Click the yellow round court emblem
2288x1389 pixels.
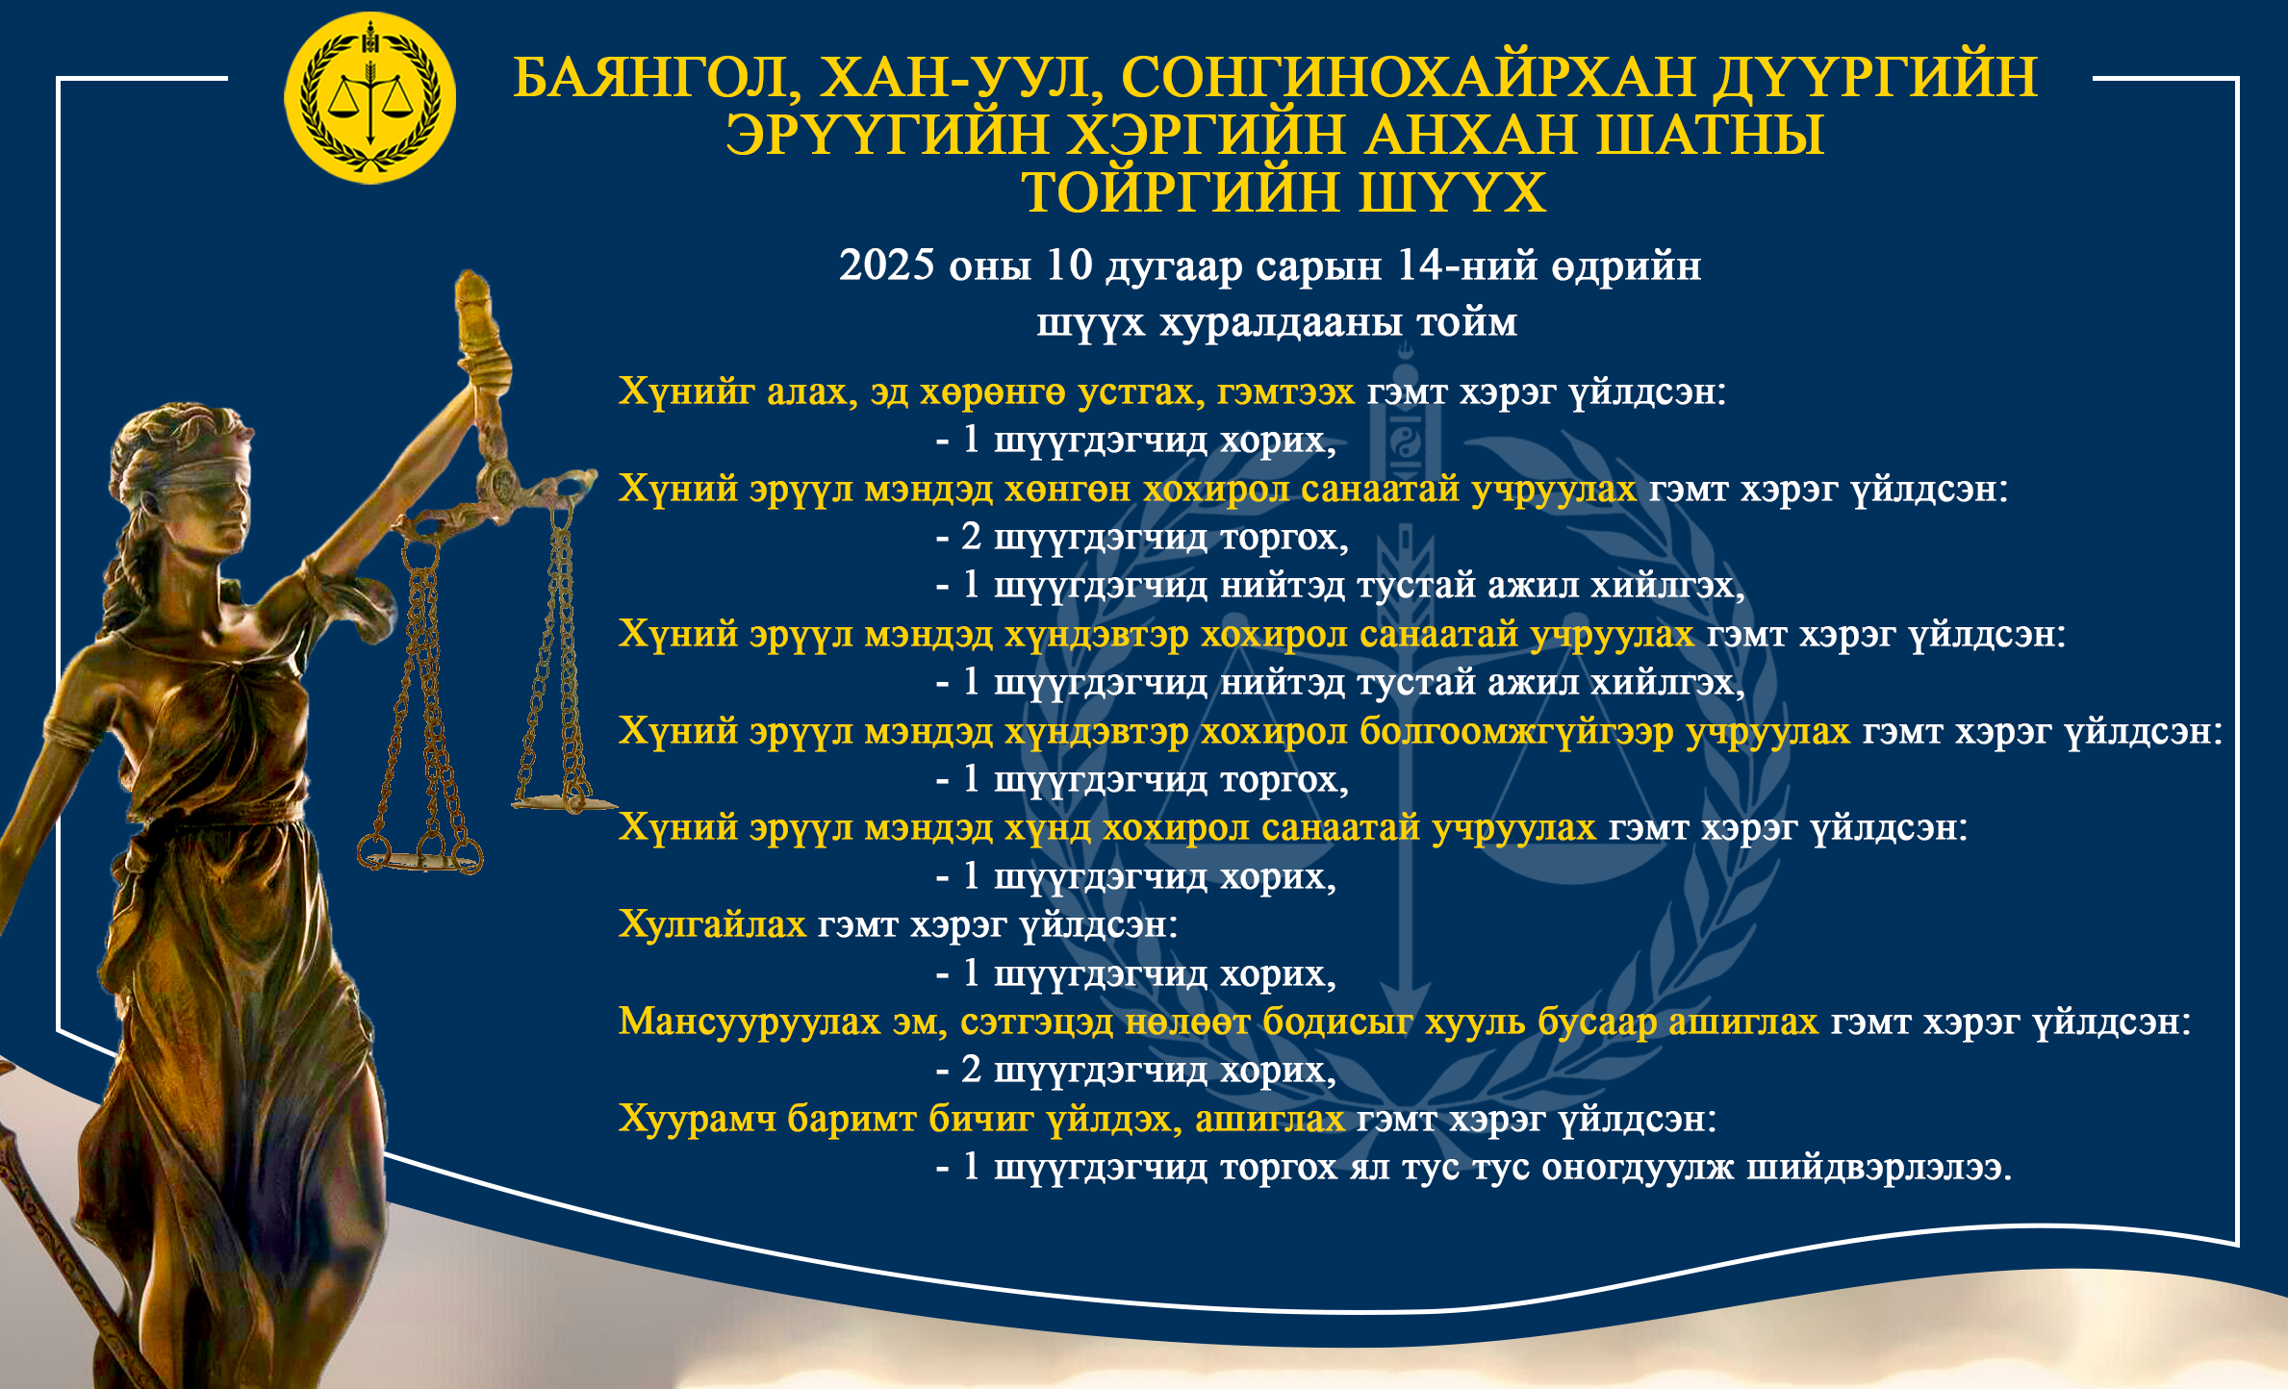tap(370, 98)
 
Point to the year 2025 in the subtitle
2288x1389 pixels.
tap(886, 265)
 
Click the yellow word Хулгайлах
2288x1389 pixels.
tap(712, 924)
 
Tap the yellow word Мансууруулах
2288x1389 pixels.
tap(750, 1022)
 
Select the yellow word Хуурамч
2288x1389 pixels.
tap(698, 1119)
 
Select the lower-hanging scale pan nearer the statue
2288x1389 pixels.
tap(420, 856)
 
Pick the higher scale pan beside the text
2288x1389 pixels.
tap(563, 801)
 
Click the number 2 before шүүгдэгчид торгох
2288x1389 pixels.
tap(971, 538)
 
